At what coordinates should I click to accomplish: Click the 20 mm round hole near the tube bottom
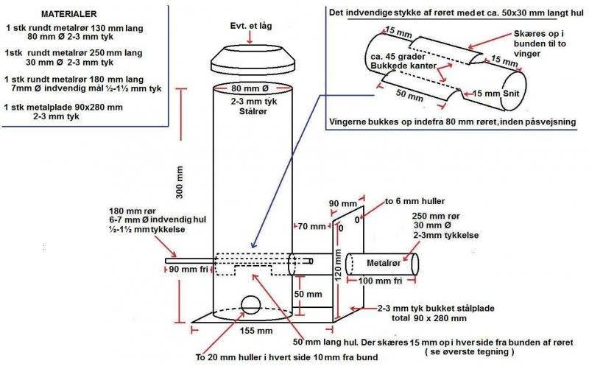(x=250, y=305)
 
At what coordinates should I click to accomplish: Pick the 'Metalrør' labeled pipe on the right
(x=381, y=264)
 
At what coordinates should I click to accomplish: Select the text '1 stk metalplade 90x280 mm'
(x=63, y=108)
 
